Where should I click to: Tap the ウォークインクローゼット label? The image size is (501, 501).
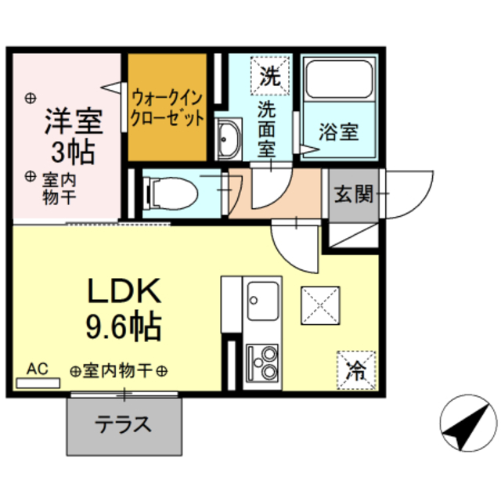(168, 108)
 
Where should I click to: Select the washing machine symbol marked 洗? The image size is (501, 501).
(269, 77)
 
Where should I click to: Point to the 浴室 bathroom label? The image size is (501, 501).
(338, 132)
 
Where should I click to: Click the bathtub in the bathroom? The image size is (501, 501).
(338, 79)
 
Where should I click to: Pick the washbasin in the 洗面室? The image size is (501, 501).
(229, 139)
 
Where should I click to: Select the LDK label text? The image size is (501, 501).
(124, 291)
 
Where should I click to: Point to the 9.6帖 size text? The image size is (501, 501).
(124, 324)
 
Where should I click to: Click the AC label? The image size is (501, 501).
(37, 368)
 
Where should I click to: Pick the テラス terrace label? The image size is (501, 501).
(123, 425)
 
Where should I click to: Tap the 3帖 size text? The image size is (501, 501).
(74, 152)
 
